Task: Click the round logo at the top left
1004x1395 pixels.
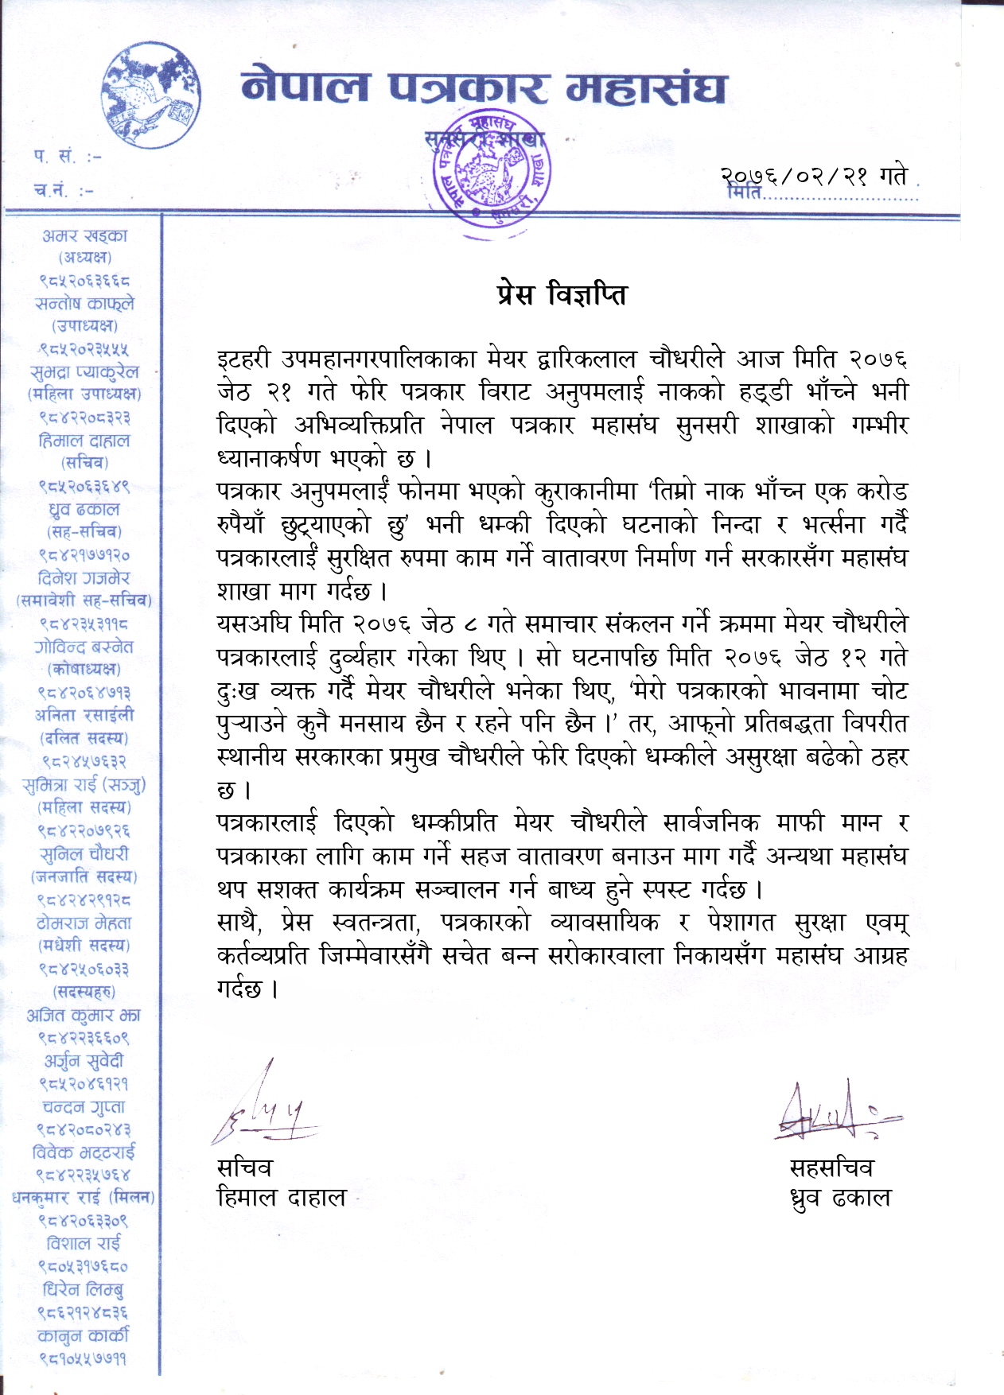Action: coord(152,96)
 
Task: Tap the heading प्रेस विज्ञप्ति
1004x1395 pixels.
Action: coord(562,295)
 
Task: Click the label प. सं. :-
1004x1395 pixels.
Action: coord(68,157)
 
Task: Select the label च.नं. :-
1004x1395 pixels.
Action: coord(64,190)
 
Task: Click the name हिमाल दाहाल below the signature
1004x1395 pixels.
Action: coord(282,1198)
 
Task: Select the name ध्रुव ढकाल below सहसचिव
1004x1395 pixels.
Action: coord(840,1198)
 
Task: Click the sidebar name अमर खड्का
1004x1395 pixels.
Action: coord(85,235)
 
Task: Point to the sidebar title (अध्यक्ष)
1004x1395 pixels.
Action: coord(85,258)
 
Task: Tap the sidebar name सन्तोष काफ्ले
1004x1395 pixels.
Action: coord(85,304)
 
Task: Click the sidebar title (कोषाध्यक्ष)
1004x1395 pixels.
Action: coord(84,670)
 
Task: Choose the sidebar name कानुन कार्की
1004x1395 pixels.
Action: coord(84,1335)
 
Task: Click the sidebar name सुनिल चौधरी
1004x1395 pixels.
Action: coord(84,854)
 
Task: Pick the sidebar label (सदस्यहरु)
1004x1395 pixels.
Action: coord(84,992)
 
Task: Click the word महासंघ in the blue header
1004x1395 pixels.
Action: coord(645,88)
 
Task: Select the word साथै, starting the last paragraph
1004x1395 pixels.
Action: coord(239,923)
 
